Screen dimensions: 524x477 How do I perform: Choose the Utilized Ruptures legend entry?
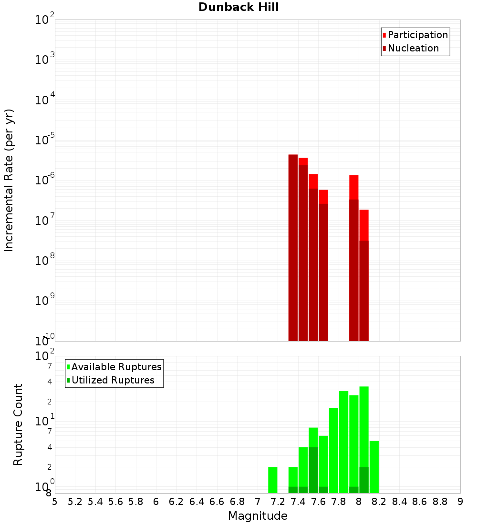113,380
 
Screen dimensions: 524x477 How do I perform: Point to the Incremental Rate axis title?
9,181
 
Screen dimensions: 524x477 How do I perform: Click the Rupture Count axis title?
18,424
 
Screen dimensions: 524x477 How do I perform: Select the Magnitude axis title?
258,516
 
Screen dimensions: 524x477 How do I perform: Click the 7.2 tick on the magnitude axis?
278,502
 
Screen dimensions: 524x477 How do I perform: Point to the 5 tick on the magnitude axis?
55,502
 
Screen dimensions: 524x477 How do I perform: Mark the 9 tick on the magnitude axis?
460,502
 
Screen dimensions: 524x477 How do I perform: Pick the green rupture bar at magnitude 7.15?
273,480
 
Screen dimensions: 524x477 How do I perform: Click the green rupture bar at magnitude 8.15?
374,467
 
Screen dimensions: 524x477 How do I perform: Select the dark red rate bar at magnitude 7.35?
293,248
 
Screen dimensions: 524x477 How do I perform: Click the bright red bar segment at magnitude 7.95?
354,187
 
